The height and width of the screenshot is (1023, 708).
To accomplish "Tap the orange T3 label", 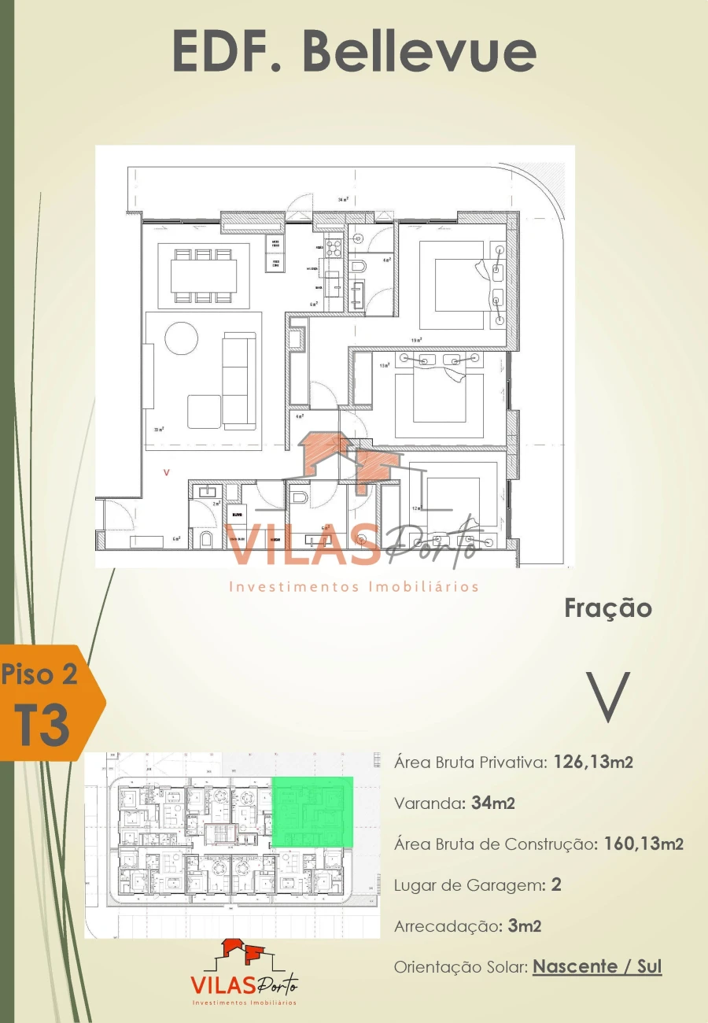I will click(44, 726).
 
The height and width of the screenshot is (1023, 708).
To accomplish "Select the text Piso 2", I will click(39, 674).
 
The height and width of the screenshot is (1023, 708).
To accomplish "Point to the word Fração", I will click(608, 608).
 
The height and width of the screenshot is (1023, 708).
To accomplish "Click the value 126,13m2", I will click(593, 762).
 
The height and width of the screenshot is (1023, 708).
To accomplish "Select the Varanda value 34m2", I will click(493, 803).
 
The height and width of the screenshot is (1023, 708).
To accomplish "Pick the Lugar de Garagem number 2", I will click(556, 885).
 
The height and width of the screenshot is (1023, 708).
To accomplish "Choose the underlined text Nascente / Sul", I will click(597, 966).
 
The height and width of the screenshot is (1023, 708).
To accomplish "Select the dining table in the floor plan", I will click(204, 275).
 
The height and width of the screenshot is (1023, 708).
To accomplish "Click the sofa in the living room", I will click(239, 380).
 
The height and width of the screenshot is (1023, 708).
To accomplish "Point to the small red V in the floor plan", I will click(165, 473).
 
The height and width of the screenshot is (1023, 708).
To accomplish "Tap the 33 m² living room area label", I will click(160, 430).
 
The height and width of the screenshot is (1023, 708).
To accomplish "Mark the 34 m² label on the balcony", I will click(343, 201).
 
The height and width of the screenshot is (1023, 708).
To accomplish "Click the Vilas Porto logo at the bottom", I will click(244, 973).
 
